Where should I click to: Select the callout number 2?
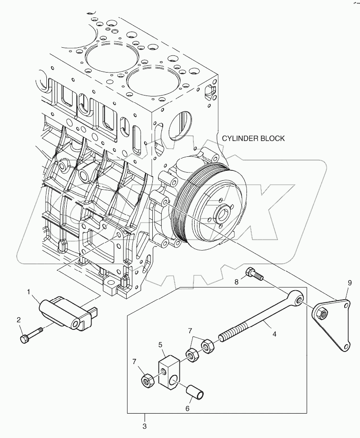pyautogui.click(x=19, y=320)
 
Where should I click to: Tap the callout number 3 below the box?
pyautogui.click(x=145, y=425)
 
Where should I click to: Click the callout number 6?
pyautogui.click(x=187, y=408)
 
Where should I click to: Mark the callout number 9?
pyautogui.click(x=348, y=283)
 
